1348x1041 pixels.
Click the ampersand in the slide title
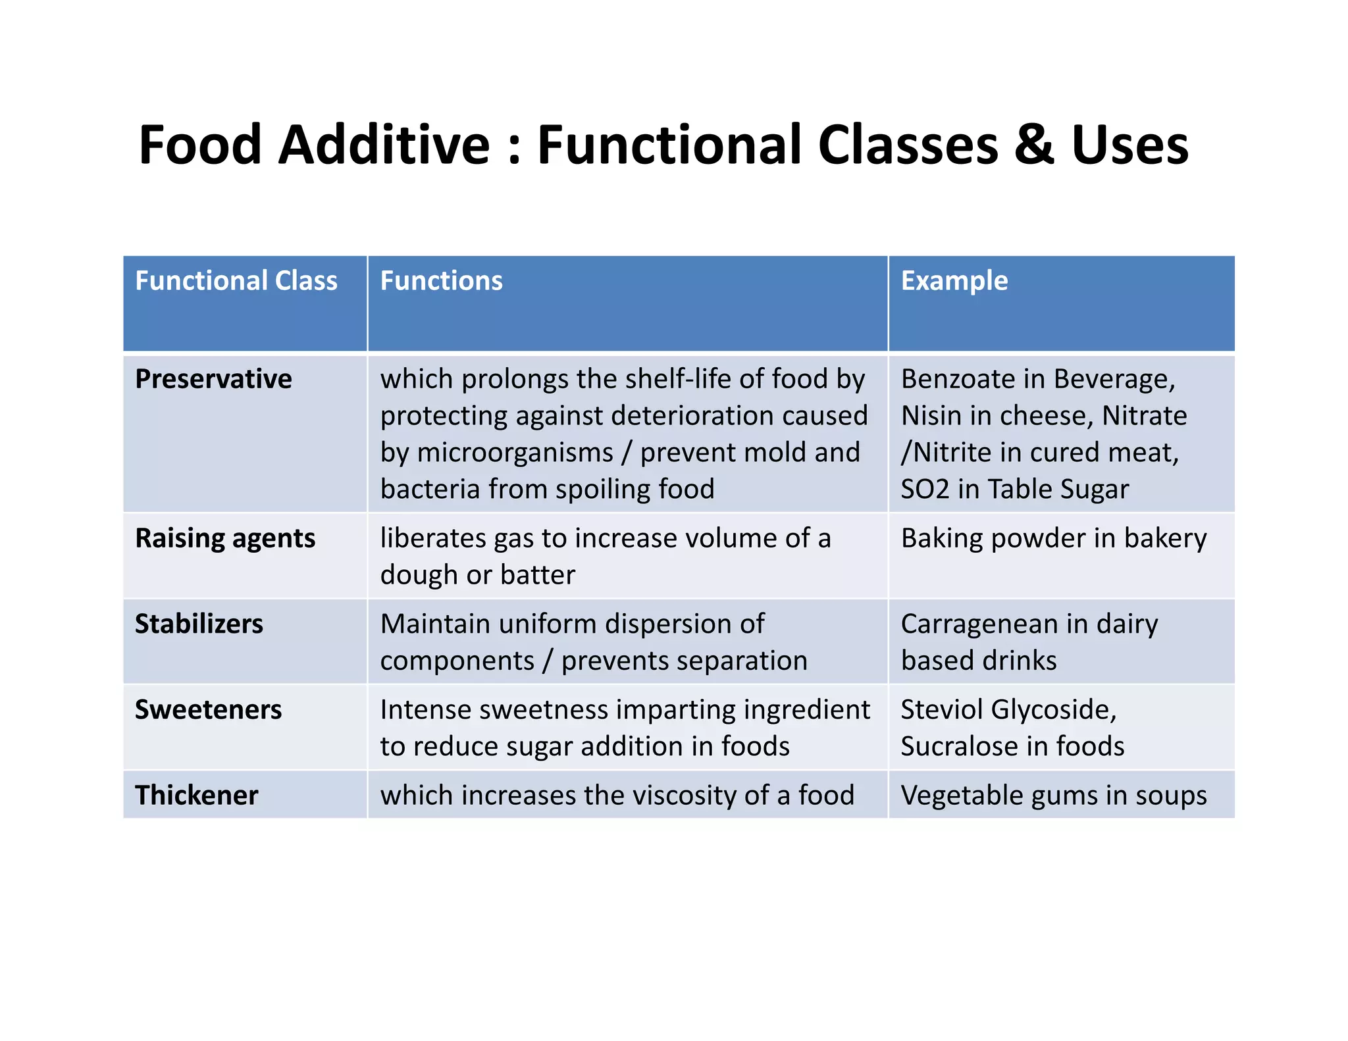click(1034, 145)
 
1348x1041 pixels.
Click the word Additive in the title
click(384, 145)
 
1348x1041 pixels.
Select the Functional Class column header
click(236, 281)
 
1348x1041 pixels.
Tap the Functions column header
click(441, 281)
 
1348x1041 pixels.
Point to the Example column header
click(954, 281)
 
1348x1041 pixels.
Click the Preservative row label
click(213, 379)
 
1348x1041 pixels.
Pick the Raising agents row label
click(225, 538)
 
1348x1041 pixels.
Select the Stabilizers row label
click(199, 624)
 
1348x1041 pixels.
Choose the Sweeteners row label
click(208, 710)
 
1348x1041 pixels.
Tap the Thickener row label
click(196, 796)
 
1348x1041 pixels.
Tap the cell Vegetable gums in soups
click(1053, 796)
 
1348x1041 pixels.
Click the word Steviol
click(941, 710)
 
